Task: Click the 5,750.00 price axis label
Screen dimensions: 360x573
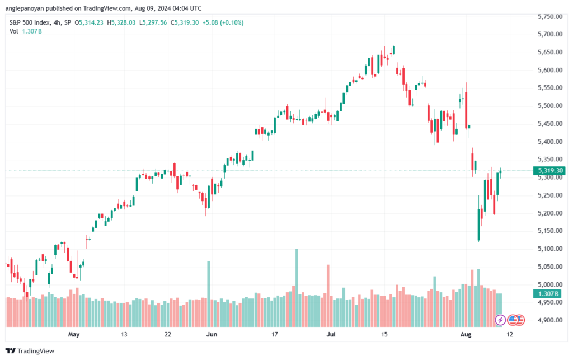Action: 549,17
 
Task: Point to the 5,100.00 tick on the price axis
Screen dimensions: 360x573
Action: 549,249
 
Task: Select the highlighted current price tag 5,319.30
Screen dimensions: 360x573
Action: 549,171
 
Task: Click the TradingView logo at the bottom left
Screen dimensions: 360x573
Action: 33,351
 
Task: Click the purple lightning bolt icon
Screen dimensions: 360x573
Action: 501,320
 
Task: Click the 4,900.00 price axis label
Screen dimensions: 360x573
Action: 549,320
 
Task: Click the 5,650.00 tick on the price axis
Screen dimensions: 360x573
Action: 549,52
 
